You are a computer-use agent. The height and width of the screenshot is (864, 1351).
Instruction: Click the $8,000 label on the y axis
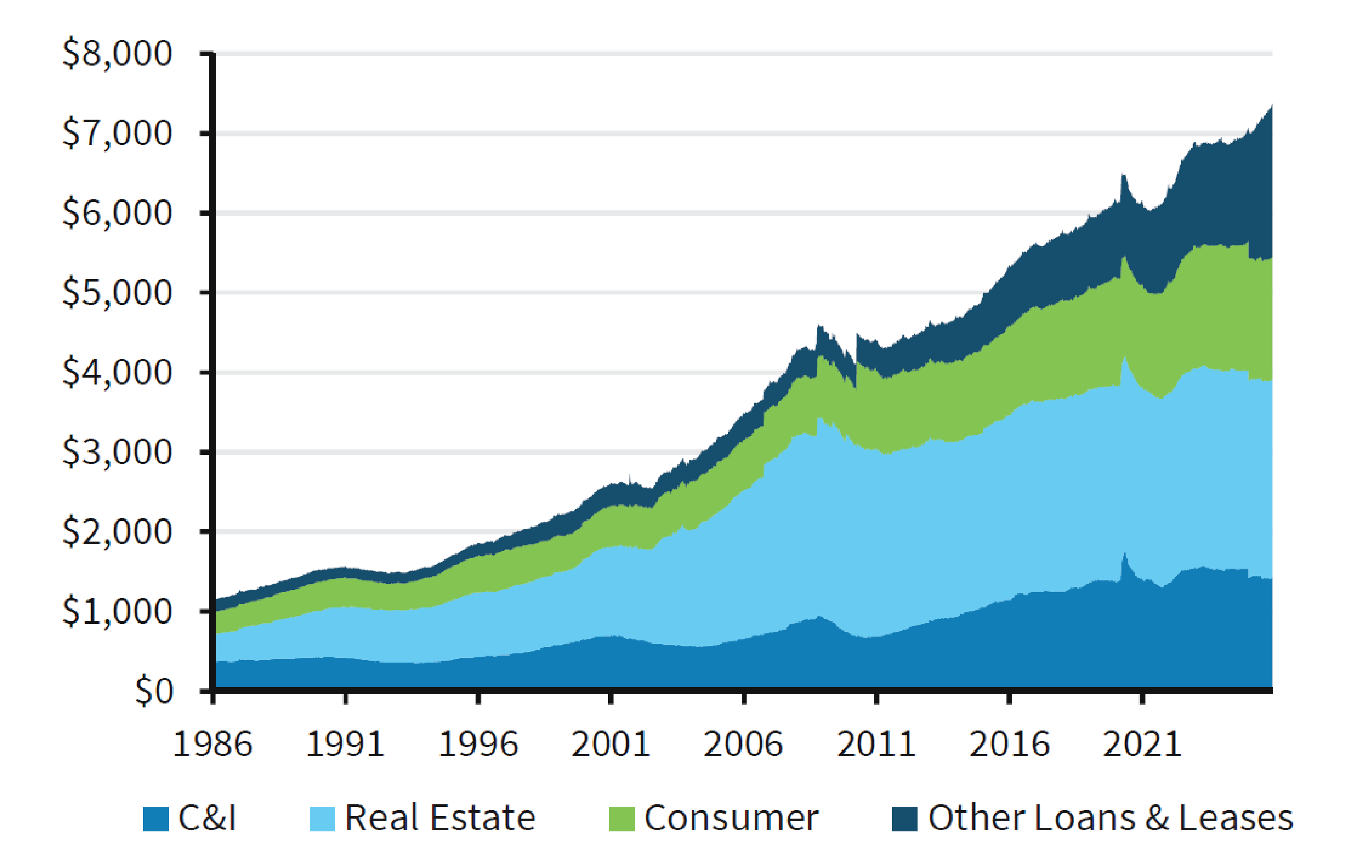point(117,54)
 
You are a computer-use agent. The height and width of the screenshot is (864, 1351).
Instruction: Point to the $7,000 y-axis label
point(117,133)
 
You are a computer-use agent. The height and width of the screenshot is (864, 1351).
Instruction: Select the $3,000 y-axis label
point(117,452)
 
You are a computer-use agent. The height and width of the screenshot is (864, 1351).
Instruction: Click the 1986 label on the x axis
point(213,744)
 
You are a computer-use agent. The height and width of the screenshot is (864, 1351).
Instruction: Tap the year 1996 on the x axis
point(478,744)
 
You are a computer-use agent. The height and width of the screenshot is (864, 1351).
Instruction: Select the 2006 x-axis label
point(743,744)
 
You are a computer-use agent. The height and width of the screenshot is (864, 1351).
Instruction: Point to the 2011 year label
point(876,744)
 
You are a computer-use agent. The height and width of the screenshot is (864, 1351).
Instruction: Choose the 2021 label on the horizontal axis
point(1142,744)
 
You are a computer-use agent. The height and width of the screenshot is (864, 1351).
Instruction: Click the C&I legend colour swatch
point(156,819)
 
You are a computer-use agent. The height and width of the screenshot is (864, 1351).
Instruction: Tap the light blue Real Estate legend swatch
point(322,819)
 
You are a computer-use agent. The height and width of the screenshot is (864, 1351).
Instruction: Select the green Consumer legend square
point(622,819)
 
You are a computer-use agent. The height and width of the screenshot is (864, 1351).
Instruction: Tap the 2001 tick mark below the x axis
point(611,699)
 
